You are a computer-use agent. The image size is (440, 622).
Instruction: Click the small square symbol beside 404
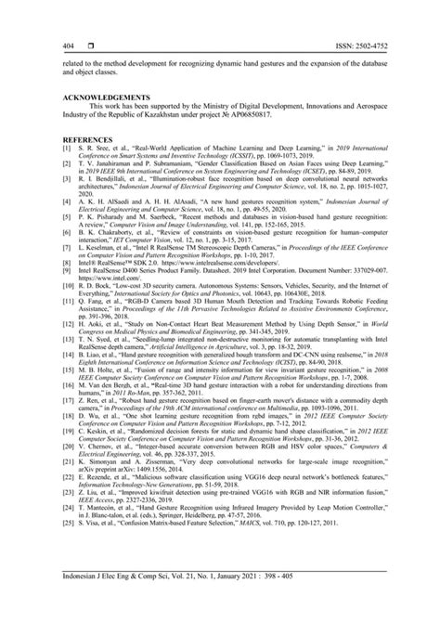click(x=89, y=45)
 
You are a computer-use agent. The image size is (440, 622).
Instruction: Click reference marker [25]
click(x=65, y=511)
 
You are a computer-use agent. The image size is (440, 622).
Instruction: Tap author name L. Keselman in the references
click(x=100, y=251)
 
